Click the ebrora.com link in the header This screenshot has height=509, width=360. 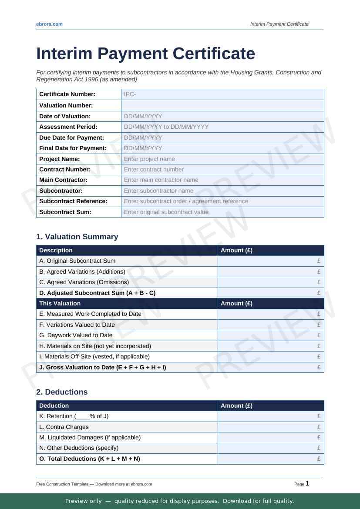pos(49,24)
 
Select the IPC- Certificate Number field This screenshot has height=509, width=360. pos(222,94)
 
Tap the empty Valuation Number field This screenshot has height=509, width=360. pos(222,105)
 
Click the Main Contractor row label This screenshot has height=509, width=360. pos(64,180)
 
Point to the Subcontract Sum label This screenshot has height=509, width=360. pos(65,212)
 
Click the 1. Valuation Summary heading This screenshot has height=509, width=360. pos(77,237)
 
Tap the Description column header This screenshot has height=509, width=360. pos(56,250)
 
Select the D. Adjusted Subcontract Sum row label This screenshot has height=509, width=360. pos(97,293)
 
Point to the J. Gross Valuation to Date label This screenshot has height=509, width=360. pos(102,367)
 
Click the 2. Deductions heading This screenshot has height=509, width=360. pos(62,392)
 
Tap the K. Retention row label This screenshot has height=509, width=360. pos(74,416)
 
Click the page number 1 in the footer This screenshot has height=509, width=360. pos(307,483)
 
